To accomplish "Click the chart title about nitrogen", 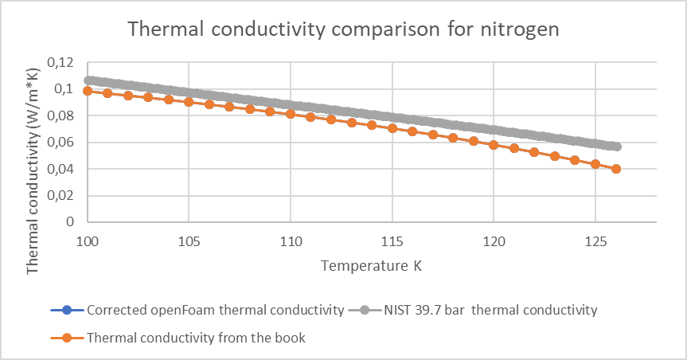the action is pos(344,29).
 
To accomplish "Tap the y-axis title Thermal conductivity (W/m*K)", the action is pos(33,171).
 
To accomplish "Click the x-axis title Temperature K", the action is pos(371,266).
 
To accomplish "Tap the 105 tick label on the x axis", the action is pos(189,241).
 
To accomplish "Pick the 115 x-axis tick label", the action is pos(392,241).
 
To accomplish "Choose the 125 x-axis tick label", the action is pos(595,241).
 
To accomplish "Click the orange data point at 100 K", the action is pos(88,91).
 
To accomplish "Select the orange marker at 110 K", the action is pos(291,114).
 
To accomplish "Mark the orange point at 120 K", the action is pos(494,145).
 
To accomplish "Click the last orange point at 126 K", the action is pos(616,169).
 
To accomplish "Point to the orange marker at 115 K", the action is pos(392,128).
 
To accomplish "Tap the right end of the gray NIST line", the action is pos(617,147).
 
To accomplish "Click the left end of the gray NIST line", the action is pos(88,80).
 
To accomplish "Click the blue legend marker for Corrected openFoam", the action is pos(67,310).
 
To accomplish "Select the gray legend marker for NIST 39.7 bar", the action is pos(365,310).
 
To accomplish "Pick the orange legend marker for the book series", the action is pos(67,338).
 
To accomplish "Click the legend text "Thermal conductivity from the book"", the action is pos(196,338).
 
